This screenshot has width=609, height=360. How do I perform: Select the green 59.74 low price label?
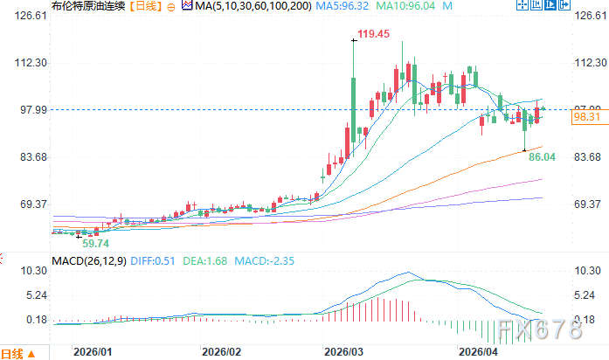(95, 244)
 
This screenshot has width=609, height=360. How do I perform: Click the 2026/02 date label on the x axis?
(221, 352)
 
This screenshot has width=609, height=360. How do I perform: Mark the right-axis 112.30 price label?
(589, 63)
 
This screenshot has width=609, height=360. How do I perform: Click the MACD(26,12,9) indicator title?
(88, 260)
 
